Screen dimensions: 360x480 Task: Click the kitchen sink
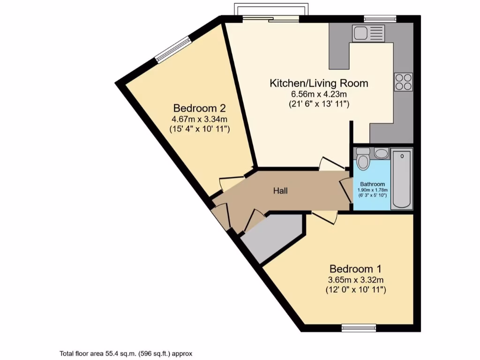coord(368,33)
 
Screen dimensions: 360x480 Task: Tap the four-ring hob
coord(403,82)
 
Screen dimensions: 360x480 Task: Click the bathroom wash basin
coord(381,153)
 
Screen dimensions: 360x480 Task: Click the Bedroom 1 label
coord(355,269)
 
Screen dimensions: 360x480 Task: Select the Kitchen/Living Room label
coord(319,83)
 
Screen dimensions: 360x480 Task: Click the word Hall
coord(280,191)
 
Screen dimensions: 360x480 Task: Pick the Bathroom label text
coord(373,184)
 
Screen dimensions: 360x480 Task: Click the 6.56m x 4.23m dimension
coord(319,94)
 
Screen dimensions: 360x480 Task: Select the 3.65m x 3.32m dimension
coord(355,280)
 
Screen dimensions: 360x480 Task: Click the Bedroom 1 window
coord(359,328)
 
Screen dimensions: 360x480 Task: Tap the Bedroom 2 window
coord(174,50)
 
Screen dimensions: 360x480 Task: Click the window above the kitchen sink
coord(380,19)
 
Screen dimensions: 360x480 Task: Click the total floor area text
coord(126,354)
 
